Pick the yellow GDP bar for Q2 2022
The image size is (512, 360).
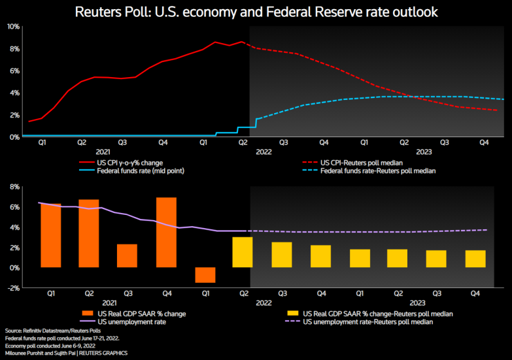click(x=243, y=252)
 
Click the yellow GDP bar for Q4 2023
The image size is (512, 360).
click(x=475, y=259)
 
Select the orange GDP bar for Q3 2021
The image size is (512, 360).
click(x=127, y=255)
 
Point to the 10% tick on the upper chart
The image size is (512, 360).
click(x=13, y=27)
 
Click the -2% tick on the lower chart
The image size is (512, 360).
click(x=13, y=287)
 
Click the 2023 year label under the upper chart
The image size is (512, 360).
click(x=424, y=151)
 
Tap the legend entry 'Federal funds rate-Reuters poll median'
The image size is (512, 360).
click(x=379, y=170)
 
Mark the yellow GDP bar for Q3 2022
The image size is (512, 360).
click(x=282, y=255)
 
